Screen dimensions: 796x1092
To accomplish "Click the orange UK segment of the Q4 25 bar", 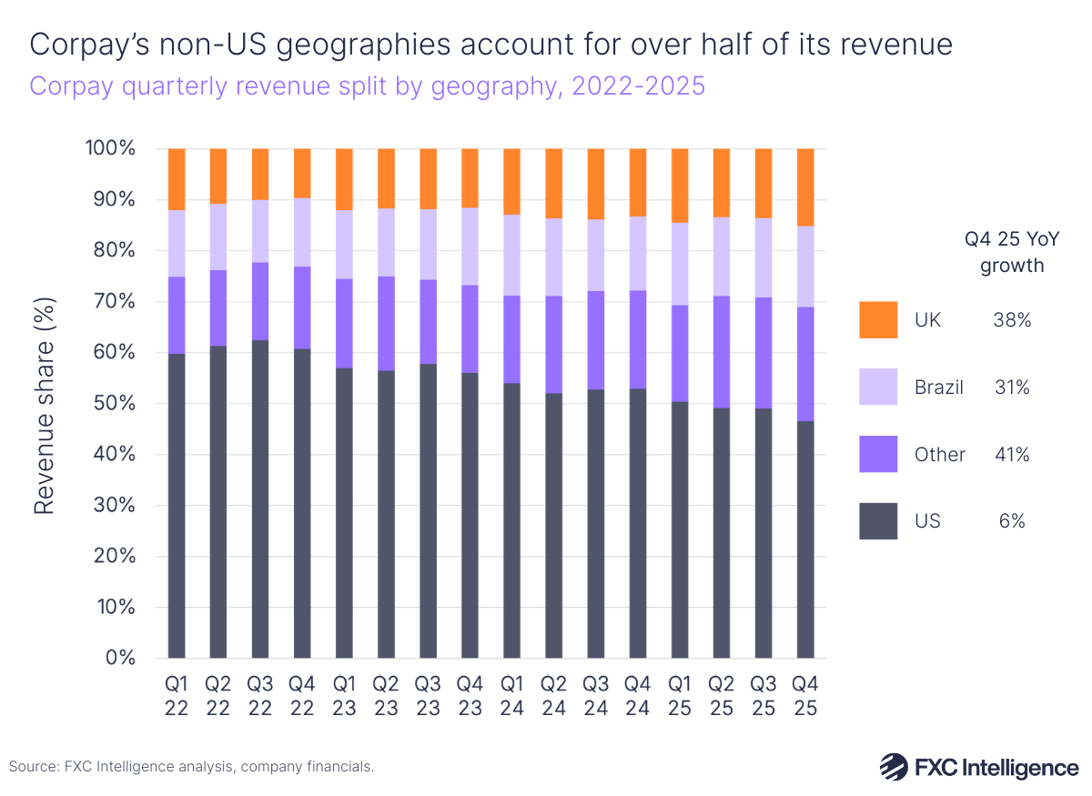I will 805,186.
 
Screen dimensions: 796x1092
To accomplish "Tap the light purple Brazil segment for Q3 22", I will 260,231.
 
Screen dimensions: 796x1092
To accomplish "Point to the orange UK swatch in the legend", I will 878,320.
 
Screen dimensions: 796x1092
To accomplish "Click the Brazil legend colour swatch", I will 878,388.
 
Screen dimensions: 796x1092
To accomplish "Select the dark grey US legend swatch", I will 878,521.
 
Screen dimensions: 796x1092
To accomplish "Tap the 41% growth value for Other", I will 1012,455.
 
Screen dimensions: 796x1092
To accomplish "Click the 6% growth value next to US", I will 1012,521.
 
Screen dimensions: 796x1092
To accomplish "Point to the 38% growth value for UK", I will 1012,320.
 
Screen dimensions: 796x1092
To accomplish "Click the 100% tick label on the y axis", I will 111,148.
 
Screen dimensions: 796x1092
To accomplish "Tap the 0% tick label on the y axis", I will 121,658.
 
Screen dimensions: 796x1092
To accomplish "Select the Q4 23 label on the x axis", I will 470,696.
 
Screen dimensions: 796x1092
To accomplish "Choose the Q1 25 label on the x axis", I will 680,696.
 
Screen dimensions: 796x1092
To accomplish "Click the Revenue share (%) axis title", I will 45,403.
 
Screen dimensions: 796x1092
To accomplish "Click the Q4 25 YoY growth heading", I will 1005,254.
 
